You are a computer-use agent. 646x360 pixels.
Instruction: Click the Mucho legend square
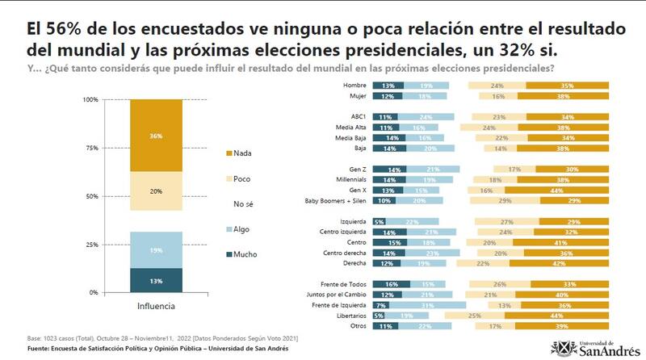(x=227, y=254)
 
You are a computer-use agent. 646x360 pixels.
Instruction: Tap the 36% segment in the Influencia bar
(x=155, y=136)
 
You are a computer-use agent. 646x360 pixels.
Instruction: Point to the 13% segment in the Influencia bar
(x=155, y=280)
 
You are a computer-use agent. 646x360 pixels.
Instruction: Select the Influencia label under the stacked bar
(x=155, y=307)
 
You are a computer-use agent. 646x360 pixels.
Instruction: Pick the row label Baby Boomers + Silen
(x=333, y=200)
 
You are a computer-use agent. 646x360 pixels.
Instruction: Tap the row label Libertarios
(x=349, y=316)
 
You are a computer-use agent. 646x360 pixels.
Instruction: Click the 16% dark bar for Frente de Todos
(x=392, y=283)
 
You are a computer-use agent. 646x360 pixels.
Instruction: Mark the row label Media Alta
(x=350, y=127)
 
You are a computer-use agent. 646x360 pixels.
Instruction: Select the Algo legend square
(x=227, y=229)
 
